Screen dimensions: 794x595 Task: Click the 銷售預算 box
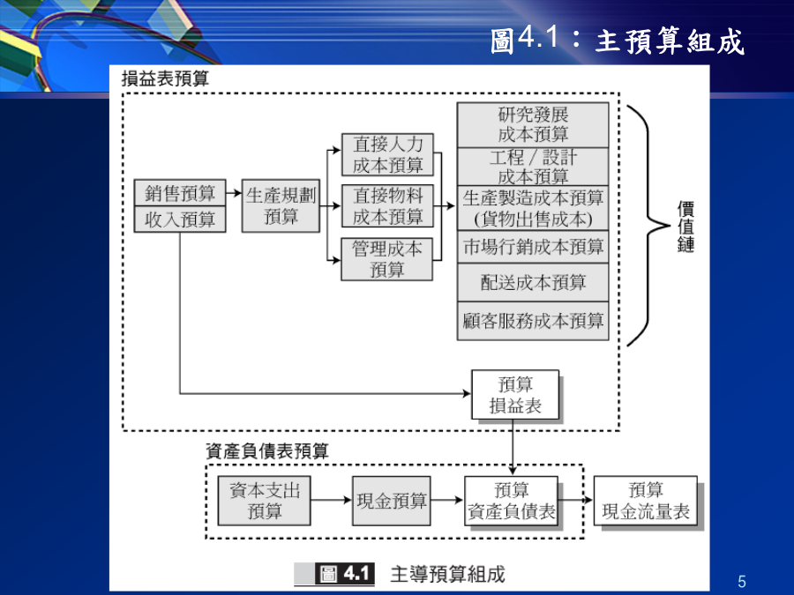pos(180,192)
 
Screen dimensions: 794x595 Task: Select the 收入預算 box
pos(180,219)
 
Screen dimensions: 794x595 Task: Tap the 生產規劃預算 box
pos(281,206)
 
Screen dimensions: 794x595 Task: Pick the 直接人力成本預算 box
pos(387,155)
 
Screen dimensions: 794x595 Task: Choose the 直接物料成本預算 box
pos(387,206)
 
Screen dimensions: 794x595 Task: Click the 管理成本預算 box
pos(387,259)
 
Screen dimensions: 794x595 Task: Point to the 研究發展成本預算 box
pos(533,125)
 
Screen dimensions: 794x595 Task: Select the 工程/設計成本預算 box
pos(533,167)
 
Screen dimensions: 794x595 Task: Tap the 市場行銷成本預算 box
pos(533,247)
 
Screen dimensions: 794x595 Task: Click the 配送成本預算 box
pos(533,282)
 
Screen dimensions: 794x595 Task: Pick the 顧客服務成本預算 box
pos(533,321)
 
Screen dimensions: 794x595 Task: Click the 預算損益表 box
pos(515,395)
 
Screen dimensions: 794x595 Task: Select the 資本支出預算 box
pos(265,501)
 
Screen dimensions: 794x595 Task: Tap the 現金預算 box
pos(392,501)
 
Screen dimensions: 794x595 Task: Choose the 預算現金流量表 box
pos(646,501)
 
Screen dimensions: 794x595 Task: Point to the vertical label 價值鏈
pos(685,227)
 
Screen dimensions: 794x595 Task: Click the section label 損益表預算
pos(165,78)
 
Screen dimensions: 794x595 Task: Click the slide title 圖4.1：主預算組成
pos(618,41)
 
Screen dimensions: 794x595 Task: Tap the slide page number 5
pos(742,582)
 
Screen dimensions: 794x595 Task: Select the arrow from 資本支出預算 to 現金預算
pos(331,501)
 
